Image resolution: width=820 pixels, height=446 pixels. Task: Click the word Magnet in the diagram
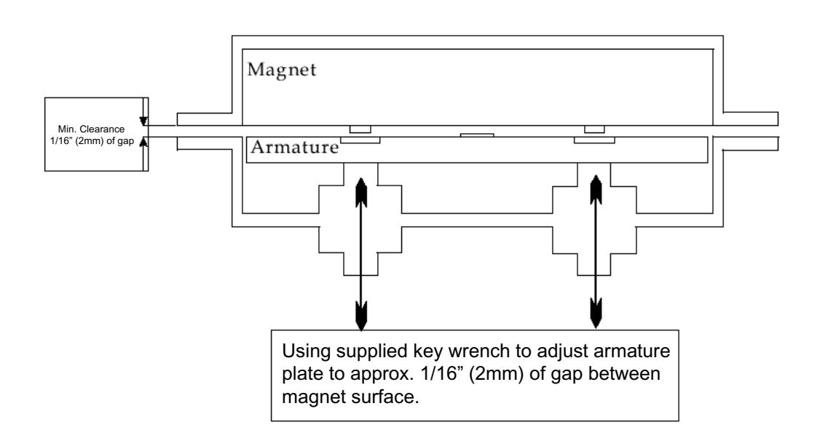tap(281, 70)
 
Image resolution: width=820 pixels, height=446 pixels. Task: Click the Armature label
tap(294, 147)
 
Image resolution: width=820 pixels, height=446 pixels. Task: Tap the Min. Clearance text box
tap(96, 134)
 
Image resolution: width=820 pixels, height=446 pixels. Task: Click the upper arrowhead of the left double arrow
tap(360, 192)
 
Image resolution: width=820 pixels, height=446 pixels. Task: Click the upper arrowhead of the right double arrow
tap(596, 190)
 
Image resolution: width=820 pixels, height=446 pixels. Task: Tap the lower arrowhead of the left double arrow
tap(360, 316)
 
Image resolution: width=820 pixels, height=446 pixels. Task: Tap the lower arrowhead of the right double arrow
tap(596, 313)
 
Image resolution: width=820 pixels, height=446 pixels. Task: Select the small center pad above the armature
tap(477, 135)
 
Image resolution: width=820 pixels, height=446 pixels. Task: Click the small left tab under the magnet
tap(360, 129)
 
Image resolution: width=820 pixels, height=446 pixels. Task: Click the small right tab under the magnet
tap(594, 129)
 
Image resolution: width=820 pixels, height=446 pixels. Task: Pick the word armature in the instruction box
tap(631, 351)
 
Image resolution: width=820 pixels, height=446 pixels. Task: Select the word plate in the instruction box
tap(301, 375)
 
